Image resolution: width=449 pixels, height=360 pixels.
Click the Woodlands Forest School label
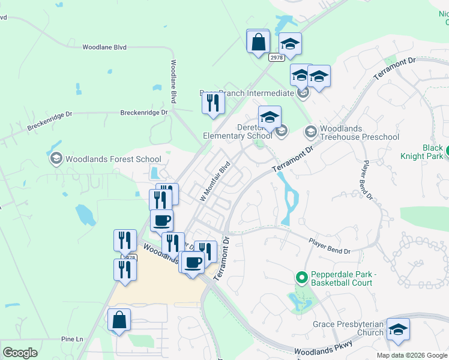click(x=113, y=160)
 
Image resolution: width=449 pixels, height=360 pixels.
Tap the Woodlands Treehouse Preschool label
click(x=359, y=133)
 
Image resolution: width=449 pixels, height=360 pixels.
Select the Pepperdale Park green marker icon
click(x=302, y=277)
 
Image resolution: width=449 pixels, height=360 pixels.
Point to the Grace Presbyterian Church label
click(x=348, y=328)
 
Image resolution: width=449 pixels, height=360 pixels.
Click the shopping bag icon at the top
click(x=258, y=42)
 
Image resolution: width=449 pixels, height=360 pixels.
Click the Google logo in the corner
click(x=19, y=353)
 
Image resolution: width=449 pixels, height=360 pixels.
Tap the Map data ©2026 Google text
click(x=411, y=355)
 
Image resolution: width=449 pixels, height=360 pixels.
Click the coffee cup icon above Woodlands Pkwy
click(x=161, y=220)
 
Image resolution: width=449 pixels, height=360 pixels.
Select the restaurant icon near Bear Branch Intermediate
click(x=212, y=103)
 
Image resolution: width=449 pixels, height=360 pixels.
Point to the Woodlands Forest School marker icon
click(x=56, y=159)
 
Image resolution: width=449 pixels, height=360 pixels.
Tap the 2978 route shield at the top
click(x=276, y=57)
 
